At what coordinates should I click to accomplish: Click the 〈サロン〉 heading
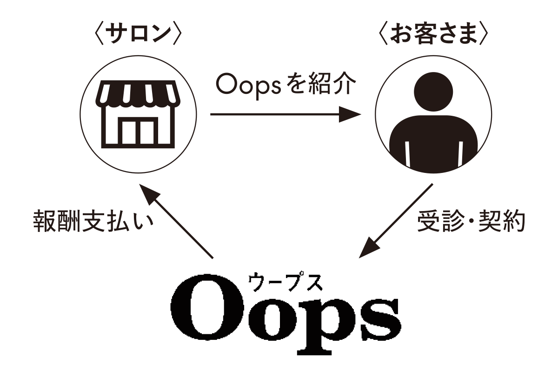coord(139,35)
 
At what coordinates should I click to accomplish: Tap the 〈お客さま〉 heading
coord(433,35)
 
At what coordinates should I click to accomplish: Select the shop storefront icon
coord(138,114)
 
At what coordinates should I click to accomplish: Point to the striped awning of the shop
coord(138,94)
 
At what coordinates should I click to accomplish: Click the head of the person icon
coord(433,92)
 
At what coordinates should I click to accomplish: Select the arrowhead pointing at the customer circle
coord(350,114)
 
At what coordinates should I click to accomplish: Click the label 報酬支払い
coord(93,221)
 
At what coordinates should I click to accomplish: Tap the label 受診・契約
coord(471,221)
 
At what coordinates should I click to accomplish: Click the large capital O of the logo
coord(207,307)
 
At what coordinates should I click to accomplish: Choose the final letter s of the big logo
coord(381,319)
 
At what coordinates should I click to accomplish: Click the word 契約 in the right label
coord(502,221)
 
